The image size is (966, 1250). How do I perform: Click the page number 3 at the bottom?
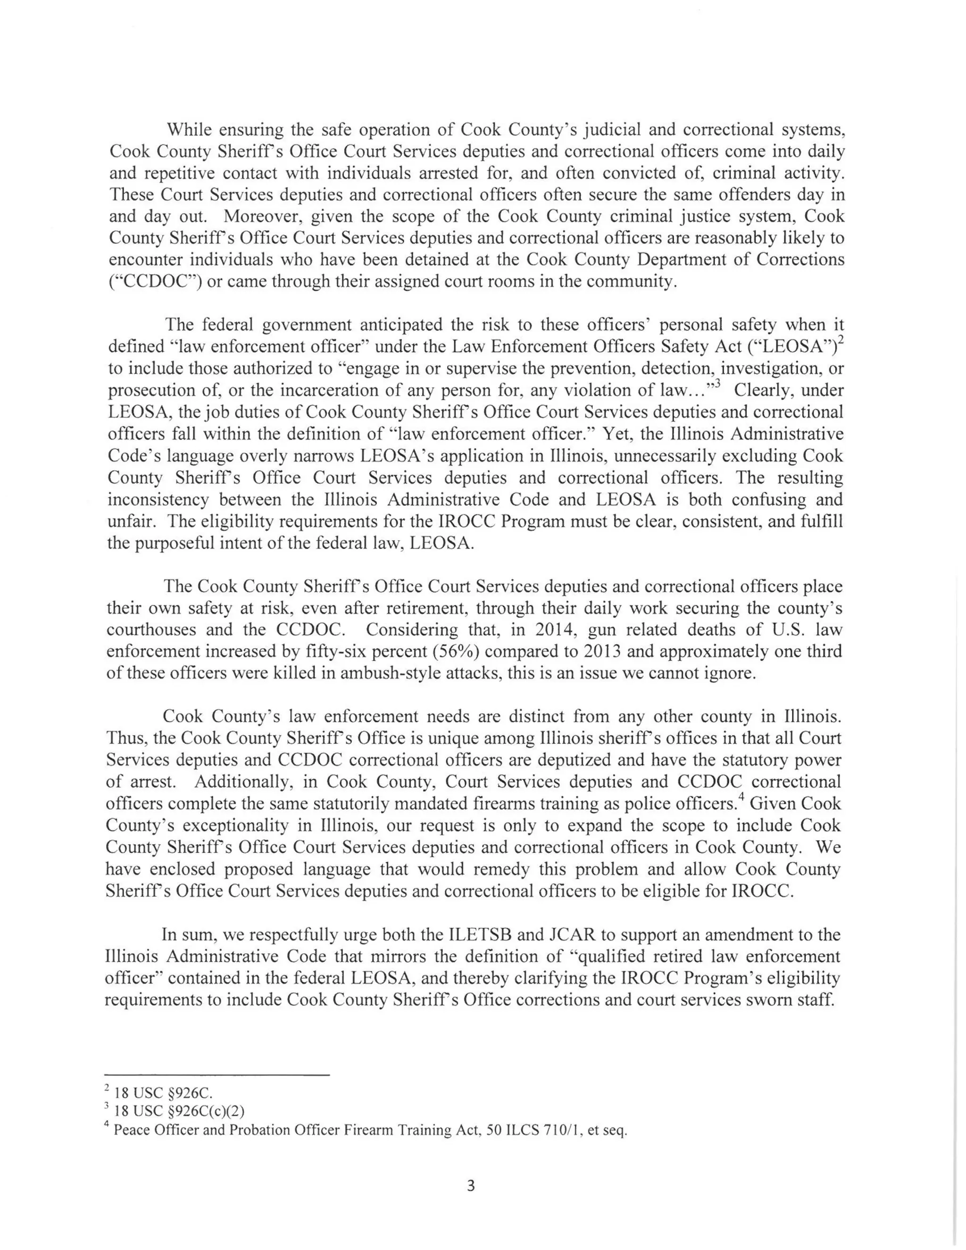click(470, 1185)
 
